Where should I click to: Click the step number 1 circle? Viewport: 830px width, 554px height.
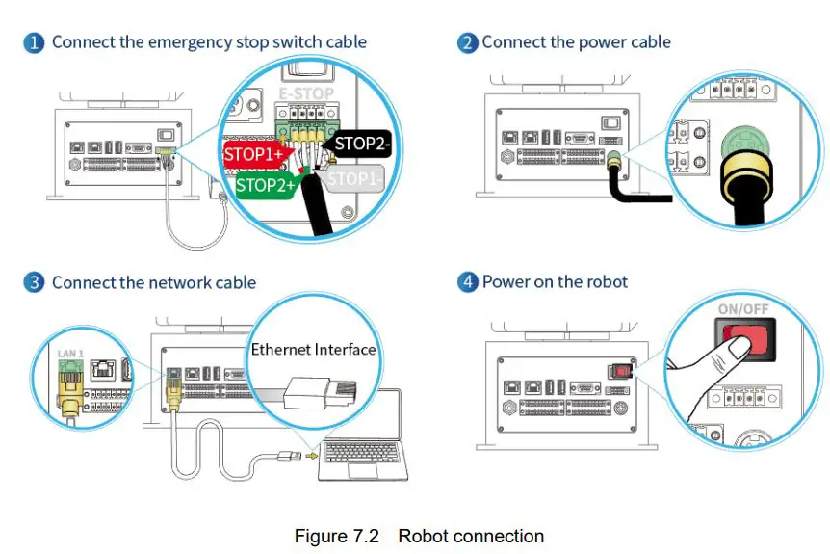34,42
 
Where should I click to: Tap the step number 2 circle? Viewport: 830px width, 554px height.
467,42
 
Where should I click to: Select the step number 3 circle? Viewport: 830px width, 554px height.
34,282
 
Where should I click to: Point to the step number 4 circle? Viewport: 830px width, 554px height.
467,282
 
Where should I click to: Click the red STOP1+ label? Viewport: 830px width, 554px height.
252,154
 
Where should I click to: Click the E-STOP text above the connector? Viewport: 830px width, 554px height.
305,94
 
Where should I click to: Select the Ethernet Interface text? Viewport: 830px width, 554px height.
313,349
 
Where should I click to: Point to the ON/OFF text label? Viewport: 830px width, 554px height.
742,310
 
